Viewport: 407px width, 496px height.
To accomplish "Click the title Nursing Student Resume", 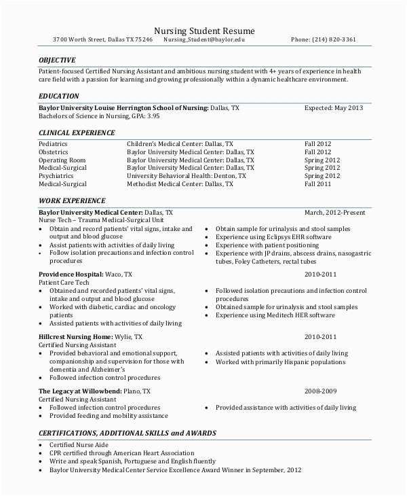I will click(203, 30).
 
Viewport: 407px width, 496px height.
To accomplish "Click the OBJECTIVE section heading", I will click(57, 60).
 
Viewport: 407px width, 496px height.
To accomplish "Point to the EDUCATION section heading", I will click(58, 96).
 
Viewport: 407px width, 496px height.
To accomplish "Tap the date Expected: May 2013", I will click(333, 108).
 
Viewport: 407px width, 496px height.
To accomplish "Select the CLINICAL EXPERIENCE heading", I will click(76, 133).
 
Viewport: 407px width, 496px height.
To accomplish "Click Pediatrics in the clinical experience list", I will click(53, 144).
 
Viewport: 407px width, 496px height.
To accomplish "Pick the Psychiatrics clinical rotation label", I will click(56, 175).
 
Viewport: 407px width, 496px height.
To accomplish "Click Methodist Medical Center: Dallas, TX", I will click(180, 183).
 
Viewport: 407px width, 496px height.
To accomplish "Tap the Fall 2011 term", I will click(317, 183).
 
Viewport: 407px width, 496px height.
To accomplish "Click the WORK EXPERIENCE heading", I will click(72, 201).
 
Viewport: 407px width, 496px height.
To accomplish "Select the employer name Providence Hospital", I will click(71, 273).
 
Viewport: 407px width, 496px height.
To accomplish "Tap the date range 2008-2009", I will click(320, 391).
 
